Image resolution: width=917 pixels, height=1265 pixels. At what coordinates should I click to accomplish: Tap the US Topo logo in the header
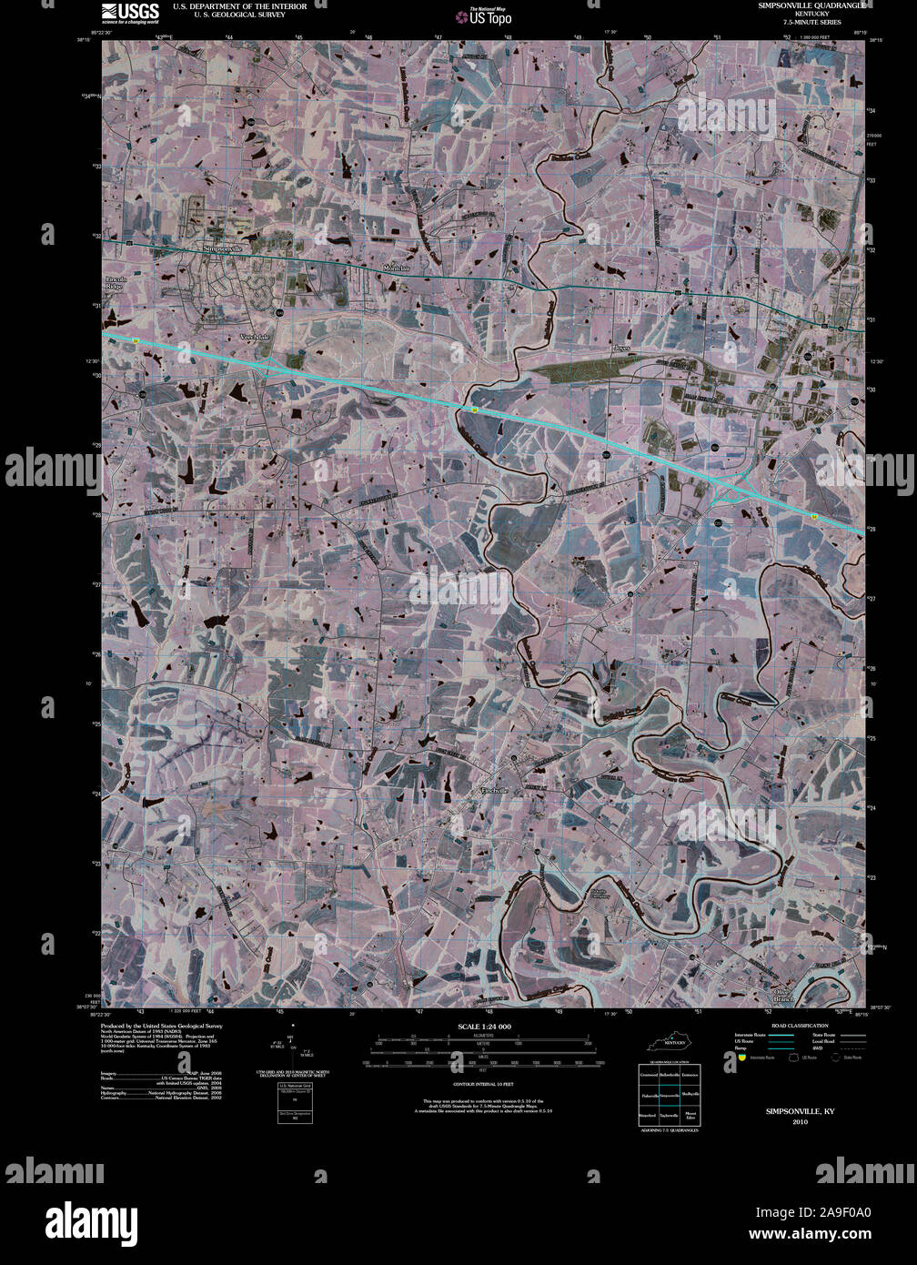pyautogui.click(x=489, y=15)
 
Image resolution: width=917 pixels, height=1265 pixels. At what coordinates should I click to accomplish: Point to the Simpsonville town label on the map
pyautogui.click(x=223, y=248)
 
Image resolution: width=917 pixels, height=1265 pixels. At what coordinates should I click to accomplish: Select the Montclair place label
pyautogui.click(x=397, y=269)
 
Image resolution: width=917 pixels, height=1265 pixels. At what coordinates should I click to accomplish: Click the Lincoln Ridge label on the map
pyautogui.click(x=115, y=282)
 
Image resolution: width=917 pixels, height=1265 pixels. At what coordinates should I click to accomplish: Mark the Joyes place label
pyautogui.click(x=622, y=348)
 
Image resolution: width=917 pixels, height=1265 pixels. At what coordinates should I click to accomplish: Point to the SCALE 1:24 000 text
pyautogui.click(x=486, y=1027)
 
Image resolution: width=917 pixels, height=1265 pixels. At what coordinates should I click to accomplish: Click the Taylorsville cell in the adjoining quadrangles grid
pyautogui.click(x=670, y=1115)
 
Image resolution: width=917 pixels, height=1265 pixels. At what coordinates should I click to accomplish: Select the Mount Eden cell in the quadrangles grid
pyautogui.click(x=690, y=1115)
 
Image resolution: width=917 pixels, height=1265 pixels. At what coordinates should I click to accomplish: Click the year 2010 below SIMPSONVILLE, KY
pyautogui.click(x=800, y=1121)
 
